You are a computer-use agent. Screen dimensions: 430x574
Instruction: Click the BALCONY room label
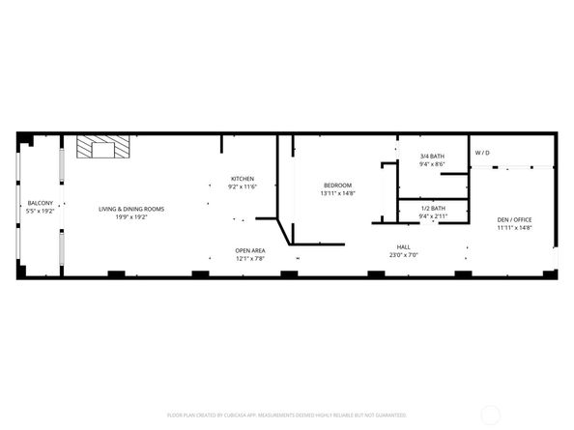tap(40, 202)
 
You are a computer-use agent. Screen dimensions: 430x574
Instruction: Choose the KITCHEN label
tap(242, 178)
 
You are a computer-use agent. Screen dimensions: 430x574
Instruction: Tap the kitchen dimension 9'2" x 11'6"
tap(242, 186)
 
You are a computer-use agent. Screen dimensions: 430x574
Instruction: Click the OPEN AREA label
tap(250, 251)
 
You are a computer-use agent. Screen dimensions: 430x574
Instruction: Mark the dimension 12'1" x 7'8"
tap(250, 259)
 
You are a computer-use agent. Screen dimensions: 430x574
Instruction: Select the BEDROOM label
tap(337, 185)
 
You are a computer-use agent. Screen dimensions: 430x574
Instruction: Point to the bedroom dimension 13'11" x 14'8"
tap(337, 193)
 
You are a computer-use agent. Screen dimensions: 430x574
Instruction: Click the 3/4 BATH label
tap(432, 156)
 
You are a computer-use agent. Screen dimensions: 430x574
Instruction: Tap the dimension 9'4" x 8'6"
tap(432, 164)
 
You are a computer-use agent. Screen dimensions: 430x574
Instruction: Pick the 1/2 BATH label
tap(433, 208)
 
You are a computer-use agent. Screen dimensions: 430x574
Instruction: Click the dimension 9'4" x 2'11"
tap(433, 215)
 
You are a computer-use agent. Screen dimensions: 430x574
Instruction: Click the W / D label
tap(481, 153)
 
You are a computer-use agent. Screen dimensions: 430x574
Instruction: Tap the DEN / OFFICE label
tap(514, 219)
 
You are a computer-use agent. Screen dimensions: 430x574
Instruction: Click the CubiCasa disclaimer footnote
tap(287, 415)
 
